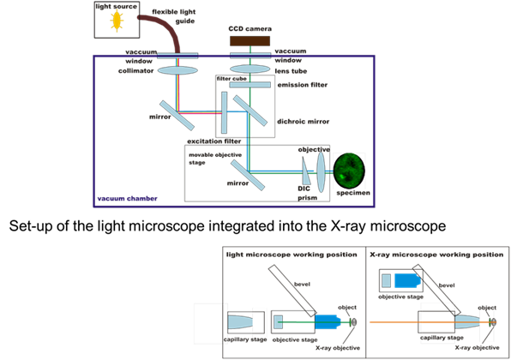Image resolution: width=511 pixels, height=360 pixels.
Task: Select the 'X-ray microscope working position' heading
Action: coord(425,255)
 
